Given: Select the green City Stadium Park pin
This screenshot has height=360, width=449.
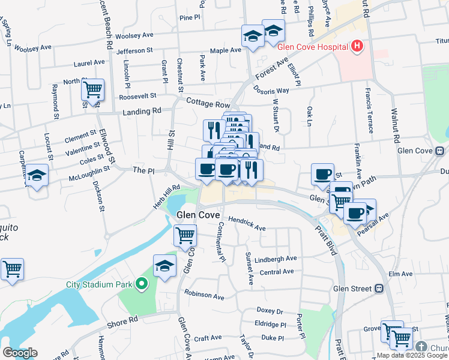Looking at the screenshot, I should (x=142, y=284).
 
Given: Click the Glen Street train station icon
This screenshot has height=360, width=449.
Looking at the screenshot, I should (x=379, y=289).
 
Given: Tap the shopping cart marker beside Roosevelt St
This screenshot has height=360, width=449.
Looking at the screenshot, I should (x=92, y=91).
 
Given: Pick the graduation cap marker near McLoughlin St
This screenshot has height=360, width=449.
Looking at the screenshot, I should (x=37, y=176).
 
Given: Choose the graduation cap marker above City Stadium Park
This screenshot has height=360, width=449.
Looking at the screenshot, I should (x=164, y=266).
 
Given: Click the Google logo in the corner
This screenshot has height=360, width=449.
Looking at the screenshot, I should (x=20, y=353).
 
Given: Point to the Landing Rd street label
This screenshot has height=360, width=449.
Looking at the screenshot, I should (x=142, y=112).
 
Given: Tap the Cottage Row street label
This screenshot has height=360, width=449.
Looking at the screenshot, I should (x=208, y=103).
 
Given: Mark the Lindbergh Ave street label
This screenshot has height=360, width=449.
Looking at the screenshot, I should (x=276, y=259).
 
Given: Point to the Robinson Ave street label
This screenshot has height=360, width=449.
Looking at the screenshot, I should (x=204, y=296).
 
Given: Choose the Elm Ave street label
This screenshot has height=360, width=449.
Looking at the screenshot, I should (x=400, y=274).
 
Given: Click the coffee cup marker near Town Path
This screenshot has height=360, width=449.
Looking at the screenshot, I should (x=322, y=174).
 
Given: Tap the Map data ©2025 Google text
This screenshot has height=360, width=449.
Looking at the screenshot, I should (x=411, y=355).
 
